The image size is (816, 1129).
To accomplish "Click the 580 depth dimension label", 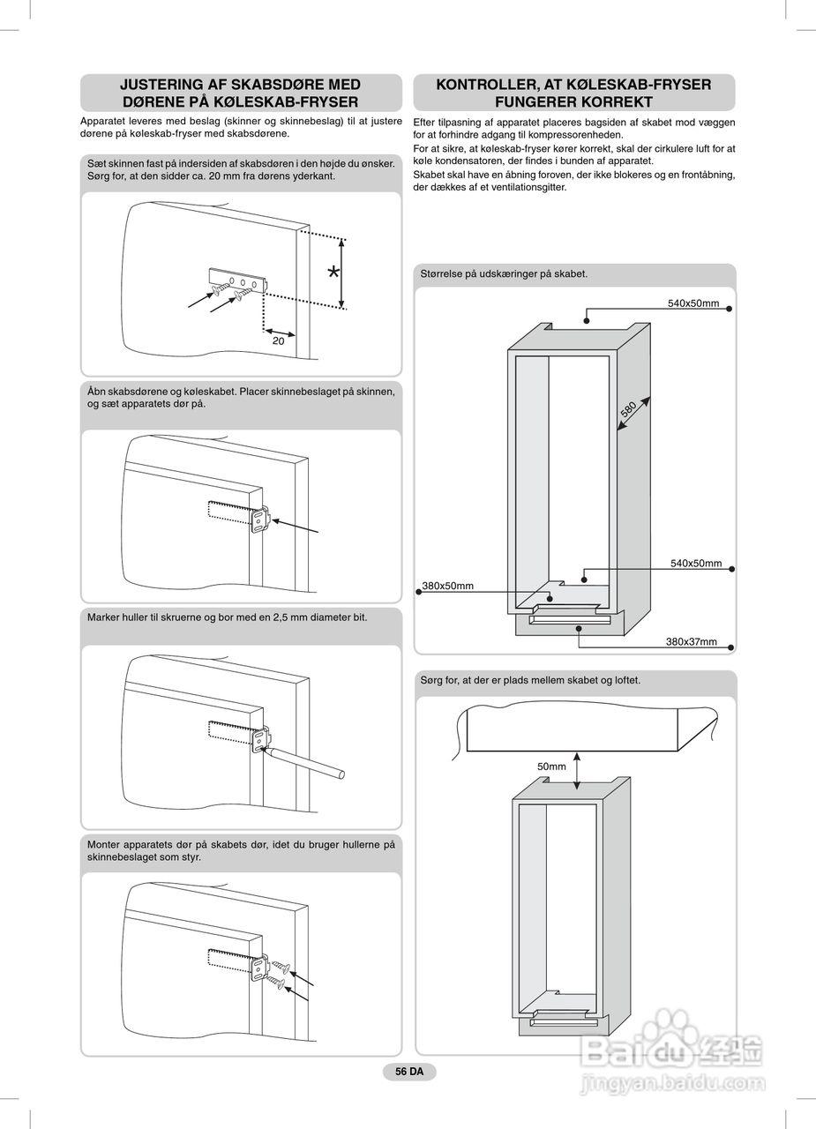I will coord(628,409).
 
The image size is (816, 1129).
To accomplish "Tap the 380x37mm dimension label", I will coord(691,641).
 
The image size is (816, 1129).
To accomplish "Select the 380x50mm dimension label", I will coord(448,586).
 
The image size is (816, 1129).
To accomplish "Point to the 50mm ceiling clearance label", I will coord(551,766).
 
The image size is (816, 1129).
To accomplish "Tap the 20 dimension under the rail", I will coord(278,340).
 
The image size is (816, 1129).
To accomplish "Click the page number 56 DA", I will coord(409,1072).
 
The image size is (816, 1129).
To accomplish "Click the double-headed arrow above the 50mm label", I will coord(577,771).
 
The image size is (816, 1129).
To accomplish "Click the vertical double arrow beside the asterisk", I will coord(343,274).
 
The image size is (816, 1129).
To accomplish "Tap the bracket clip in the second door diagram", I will coord(261,520).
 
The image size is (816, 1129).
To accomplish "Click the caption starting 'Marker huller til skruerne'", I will coord(227,617).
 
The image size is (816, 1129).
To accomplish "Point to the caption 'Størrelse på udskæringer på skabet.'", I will coord(504,274).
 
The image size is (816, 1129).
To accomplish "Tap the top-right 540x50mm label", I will coord(692,303).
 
